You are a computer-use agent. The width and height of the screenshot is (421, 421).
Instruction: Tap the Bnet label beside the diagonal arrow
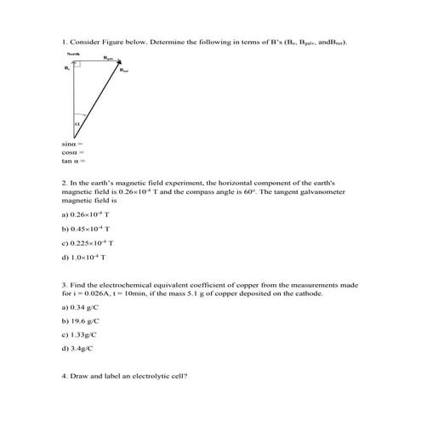pyautogui.click(x=125, y=71)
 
